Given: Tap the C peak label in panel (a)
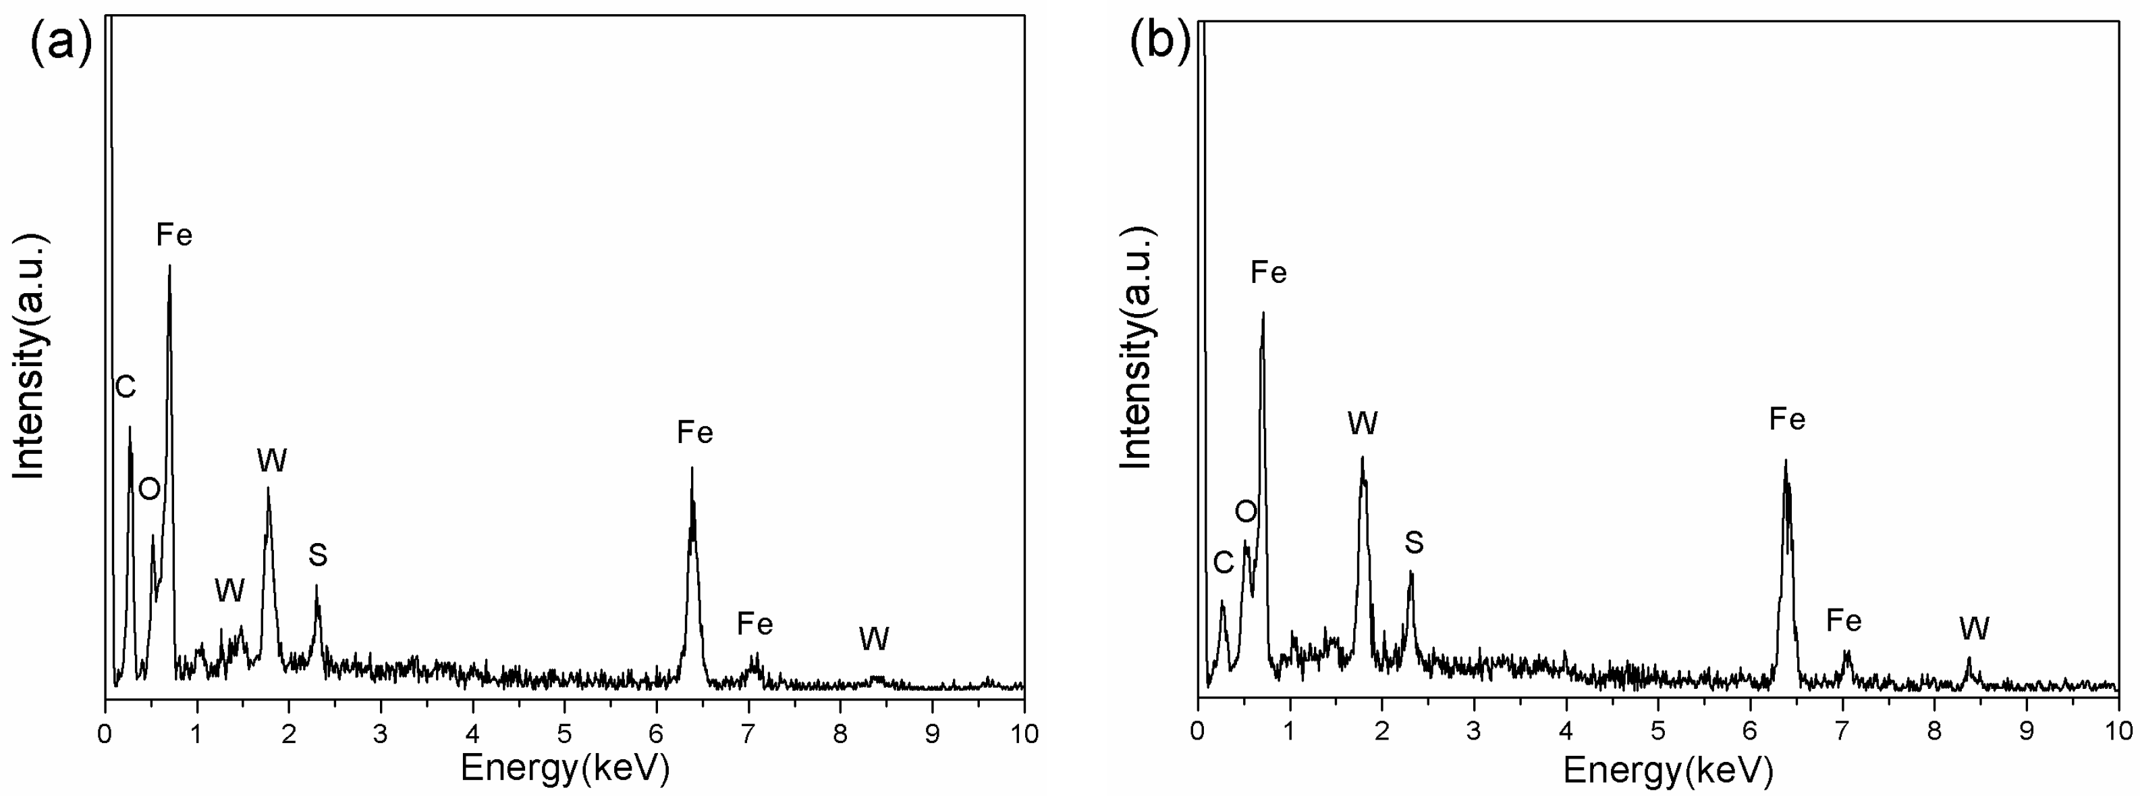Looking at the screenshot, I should coord(126,387).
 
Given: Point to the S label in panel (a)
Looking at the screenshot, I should coord(317,555).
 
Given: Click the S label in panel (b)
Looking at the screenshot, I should coord(1414,542).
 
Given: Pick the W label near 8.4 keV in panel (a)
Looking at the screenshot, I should coord(874,639).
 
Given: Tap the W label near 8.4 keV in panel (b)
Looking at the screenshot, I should coord(1974,629).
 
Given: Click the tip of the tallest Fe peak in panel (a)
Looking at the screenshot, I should coord(169,267).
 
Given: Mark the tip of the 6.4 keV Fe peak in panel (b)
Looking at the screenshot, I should coord(1785,461).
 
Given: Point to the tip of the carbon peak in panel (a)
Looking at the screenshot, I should coord(130,427).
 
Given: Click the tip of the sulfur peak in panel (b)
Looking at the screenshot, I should coord(1410,572).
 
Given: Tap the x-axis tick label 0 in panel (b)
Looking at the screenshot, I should coord(1197,731).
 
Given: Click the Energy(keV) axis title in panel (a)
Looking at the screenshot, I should coord(565,768).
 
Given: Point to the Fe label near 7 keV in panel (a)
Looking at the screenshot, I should coord(755,623).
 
